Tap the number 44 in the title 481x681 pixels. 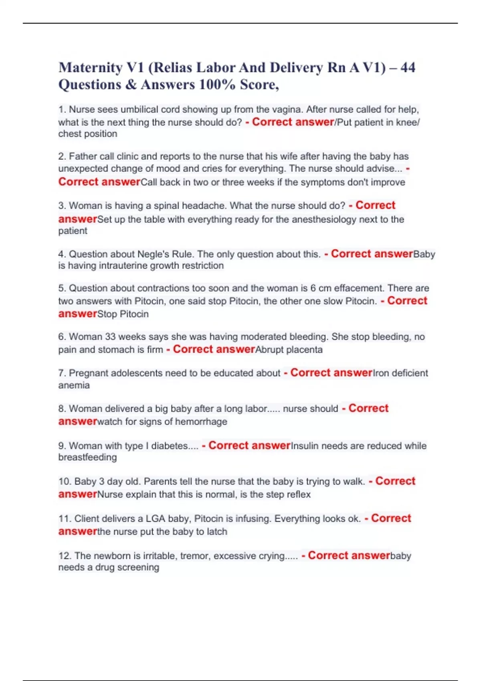[408, 68]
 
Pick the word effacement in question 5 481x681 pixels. [358, 288]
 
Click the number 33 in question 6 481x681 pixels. [110, 336]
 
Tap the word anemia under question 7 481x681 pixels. [74, 385]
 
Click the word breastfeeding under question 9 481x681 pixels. [87, 457]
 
